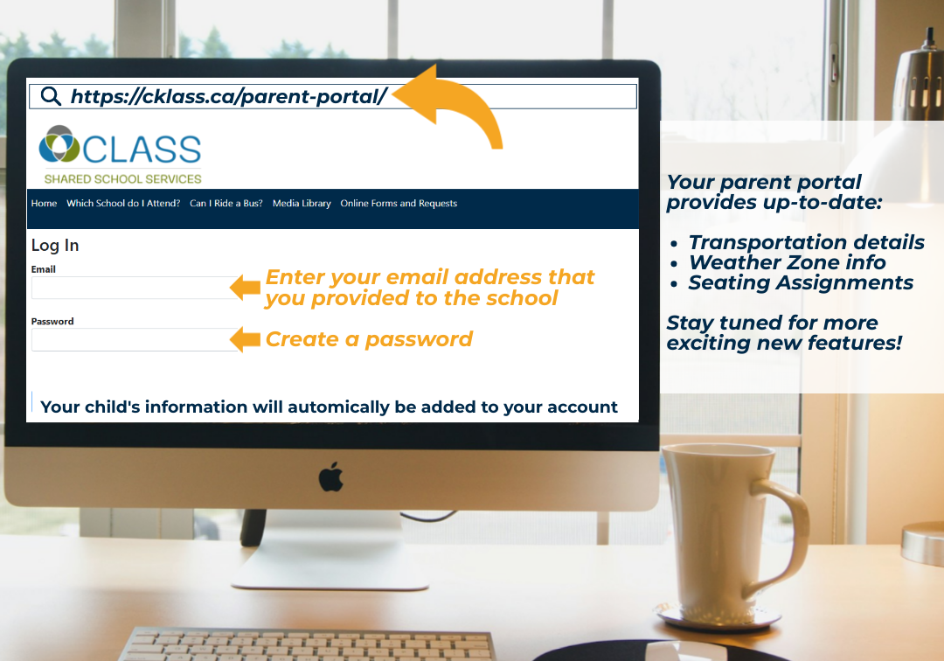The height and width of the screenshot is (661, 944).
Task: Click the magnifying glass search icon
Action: [x=51, y=96]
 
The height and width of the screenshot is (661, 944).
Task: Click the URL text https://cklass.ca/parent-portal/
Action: [x=229, y=96]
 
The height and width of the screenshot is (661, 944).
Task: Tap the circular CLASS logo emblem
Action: [x=59, y=144]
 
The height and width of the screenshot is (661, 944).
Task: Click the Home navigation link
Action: [x=44, y=204]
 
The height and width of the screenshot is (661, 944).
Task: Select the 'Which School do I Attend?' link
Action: [x=123, y=204]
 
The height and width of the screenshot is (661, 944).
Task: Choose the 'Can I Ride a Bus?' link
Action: [x=226, y=204]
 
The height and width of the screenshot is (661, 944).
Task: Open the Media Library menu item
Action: [x=302, y=204]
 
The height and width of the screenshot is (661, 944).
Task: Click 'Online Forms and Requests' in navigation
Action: [x=399, y=204]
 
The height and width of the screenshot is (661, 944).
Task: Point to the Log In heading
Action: [x=55, y=246]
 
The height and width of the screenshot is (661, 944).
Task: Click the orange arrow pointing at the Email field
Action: [x=245, y=287]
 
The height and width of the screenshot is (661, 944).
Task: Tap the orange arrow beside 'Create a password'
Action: [x=245, y=339]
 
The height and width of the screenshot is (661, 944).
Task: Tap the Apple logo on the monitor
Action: [x=330, y=477]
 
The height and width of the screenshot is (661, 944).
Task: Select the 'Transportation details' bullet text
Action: [x=806, y=242]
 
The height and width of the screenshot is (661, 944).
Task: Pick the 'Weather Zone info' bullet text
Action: [x=787, y=262]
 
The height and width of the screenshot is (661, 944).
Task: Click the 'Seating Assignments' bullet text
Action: [x=801, y=282]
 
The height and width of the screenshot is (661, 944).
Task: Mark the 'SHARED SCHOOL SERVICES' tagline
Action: [x=123, y=178]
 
